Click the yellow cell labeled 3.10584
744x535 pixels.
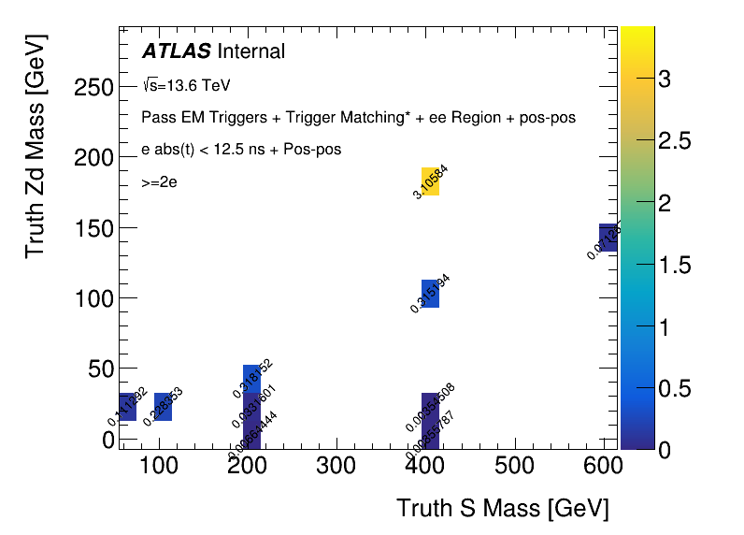point(430,181)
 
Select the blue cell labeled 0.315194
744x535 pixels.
point(430,294)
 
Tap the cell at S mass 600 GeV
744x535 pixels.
point(608,238)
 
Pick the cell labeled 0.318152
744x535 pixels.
point(251,378)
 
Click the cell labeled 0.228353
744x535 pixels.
point(163,407)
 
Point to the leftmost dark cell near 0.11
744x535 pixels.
point(128,407)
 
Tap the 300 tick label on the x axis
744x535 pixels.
point(340,466)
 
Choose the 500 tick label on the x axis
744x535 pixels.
point(519,466)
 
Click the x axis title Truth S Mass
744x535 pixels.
point(502,508)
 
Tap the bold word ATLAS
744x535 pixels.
point(176,51)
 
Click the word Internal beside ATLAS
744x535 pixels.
point(250,51)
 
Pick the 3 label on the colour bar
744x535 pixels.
point(664,80)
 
